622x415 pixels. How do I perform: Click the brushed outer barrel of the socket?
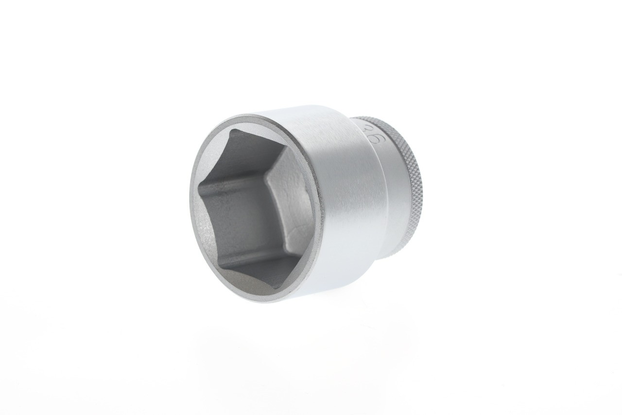pos(340,204)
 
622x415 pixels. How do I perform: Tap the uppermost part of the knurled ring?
pos(369,118)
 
